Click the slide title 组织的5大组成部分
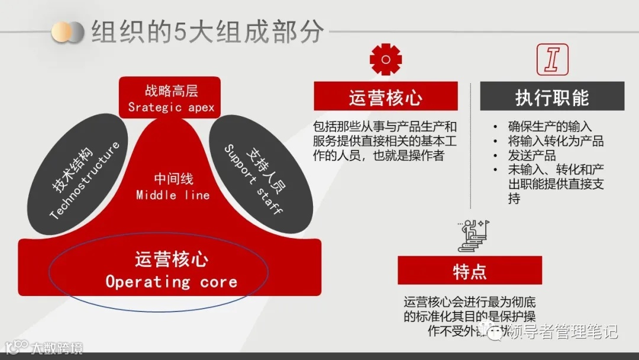(207, 32)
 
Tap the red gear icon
(385, 59)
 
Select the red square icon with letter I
(552, 59)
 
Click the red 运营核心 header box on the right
(385, 97)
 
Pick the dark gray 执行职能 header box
(552, 97)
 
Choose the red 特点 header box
(470, 271)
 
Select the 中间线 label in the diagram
(173, 179)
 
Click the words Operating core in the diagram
(172, 282)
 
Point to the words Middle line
(173, 195)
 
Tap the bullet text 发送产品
(531, 156)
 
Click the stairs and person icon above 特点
(471, 234)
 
